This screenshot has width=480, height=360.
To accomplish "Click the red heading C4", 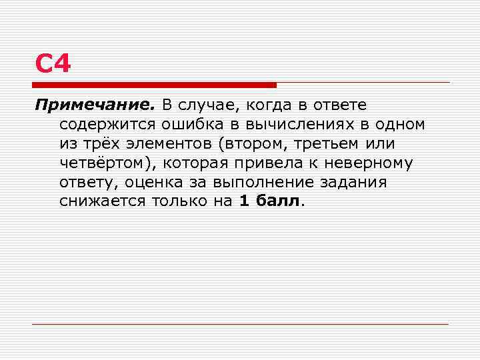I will coord(53,65).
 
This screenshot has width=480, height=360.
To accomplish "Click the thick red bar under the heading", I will coord(154,85).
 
